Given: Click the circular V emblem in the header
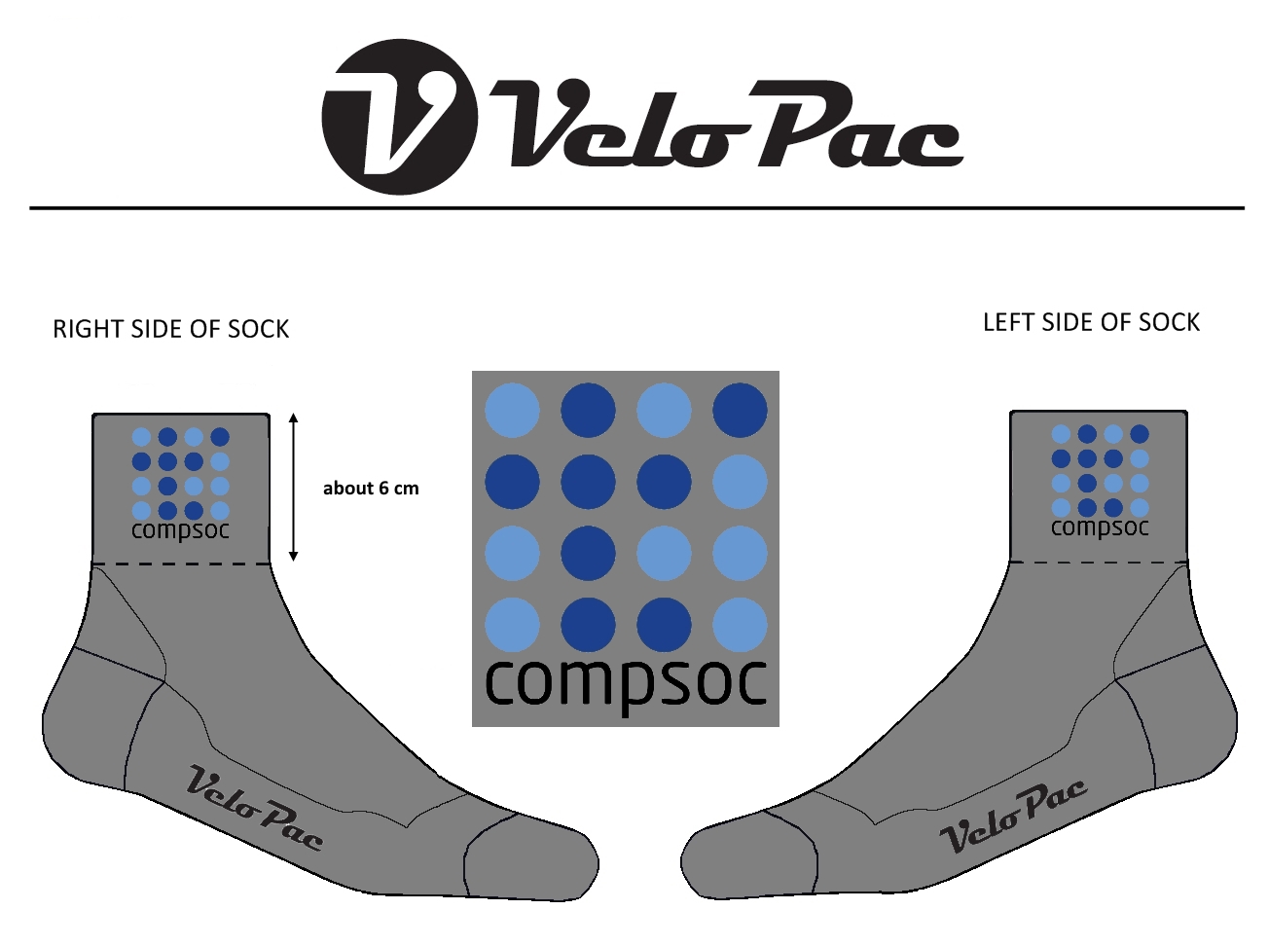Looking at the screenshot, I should (x=399, y=117).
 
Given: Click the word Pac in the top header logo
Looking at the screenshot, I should (x=856, y=127).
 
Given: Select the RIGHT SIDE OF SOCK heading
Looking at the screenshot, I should (x=171, y=329).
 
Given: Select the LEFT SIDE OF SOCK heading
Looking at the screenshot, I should (x=1091, y=322).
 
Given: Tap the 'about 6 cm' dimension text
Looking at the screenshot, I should (x=371, y=489).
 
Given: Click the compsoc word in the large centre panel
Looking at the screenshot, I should (x=626, y=683).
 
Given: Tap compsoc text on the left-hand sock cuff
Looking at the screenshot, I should (x=180, y=530).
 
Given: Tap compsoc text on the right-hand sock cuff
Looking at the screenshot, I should (x=1100, y=528).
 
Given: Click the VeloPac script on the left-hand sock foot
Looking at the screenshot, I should (x=254, y=808).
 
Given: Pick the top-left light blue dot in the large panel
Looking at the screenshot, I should (x=512, y=410).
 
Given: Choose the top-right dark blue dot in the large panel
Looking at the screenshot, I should (x=740, y=410).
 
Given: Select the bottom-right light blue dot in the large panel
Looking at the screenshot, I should (x=740, y=625).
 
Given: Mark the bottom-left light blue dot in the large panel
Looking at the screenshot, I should (x=512, y=625).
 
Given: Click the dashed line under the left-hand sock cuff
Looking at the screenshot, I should (x=181, y=564).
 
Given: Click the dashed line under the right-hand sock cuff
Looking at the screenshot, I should (x=1099, y=562).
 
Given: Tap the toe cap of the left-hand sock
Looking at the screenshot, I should (x=530, y=856).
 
